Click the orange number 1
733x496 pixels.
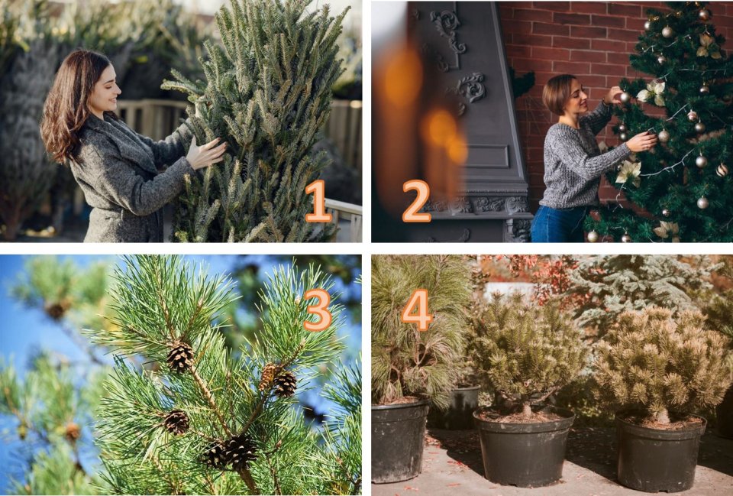[x=318, y=201]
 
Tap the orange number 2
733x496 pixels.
[x=416, y=201]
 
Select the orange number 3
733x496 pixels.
[x=318, y=310]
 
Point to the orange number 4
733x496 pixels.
[x=417, y=310]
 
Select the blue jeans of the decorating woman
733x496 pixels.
[x=558, y=224]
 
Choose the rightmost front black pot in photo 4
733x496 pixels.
[x=660, y=451]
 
